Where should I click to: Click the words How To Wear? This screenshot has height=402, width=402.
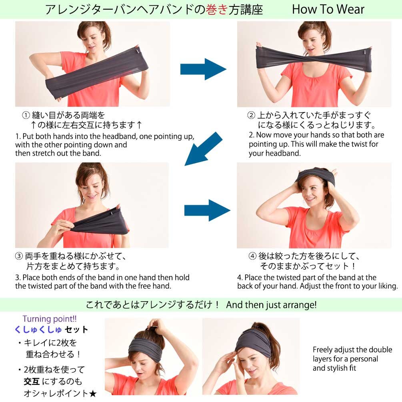[328, 9]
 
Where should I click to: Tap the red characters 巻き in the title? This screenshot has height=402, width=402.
[216, 10]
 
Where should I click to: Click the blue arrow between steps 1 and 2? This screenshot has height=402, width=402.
[203, 69]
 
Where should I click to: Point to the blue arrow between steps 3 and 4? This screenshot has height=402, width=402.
[207, 210]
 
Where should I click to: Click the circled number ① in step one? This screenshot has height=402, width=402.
[26, 115]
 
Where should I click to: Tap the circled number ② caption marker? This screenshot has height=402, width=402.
[251, 115]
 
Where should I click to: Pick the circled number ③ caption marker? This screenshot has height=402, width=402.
[19, 256]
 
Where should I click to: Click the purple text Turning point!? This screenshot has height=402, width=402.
[50, 319]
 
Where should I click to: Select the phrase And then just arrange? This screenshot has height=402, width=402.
[271, 305]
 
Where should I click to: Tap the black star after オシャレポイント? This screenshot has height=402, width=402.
[93, 394]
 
